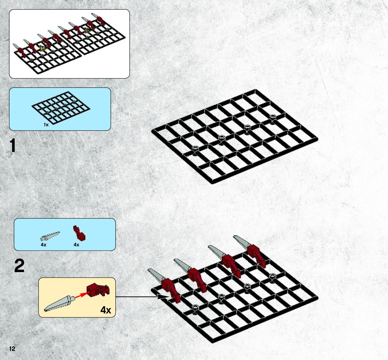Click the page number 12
click(x=12, y=349)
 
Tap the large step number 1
click(x=13, y=145)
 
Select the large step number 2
click(x=19, y=266)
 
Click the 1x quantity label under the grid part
click(x=46, y=124)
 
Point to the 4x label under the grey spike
click(x=43, y=245)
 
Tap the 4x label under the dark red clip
click(x=76, y=245)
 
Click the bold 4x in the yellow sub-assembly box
click(x=106, y=310)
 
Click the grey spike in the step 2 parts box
click(x=50, y=236)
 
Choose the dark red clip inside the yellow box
click(x=98, y=289)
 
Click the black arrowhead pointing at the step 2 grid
click(x=161, y=297)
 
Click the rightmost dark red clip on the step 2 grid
click(x=256, y=254)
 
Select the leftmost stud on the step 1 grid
click(x=195, y=148)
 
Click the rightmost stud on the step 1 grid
click(x=273, y=116)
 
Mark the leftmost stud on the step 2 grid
click(x=195, y=307)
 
